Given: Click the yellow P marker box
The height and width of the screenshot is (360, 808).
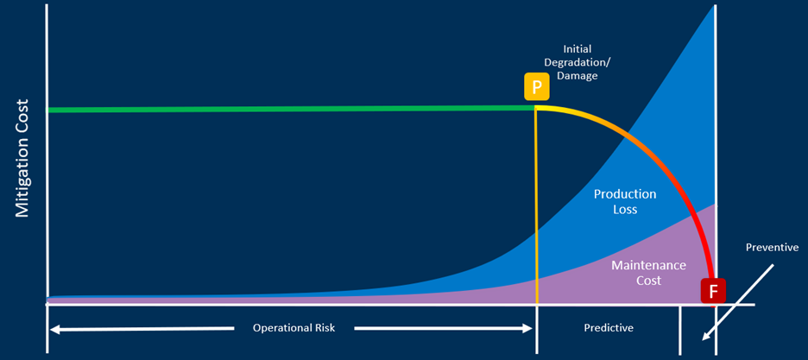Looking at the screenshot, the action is tap(537, 87).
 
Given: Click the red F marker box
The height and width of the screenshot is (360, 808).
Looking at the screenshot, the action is tap(713, 290).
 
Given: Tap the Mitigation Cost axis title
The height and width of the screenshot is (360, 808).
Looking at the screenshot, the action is tap(22, 158).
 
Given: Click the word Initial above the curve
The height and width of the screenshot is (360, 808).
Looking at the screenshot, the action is tap(578, 49).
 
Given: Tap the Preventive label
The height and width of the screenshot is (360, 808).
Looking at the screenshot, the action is tap(771, 247).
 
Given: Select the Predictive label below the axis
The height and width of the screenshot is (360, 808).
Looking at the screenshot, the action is tap(609, 327).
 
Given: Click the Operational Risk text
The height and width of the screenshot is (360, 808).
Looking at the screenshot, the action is tap(294, 328).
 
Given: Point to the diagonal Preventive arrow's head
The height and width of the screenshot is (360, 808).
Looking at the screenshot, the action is tap(706, 337).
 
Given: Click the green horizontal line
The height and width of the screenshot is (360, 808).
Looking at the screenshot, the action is tap(291, 109).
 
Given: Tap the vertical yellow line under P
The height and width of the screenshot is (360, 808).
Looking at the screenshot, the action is tap(537, 206).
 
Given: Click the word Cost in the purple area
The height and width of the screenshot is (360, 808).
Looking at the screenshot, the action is tap(649, 281).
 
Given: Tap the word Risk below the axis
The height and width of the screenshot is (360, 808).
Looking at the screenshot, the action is tap(325, 328).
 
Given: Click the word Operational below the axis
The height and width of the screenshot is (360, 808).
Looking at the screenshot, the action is tap(282, 328).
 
